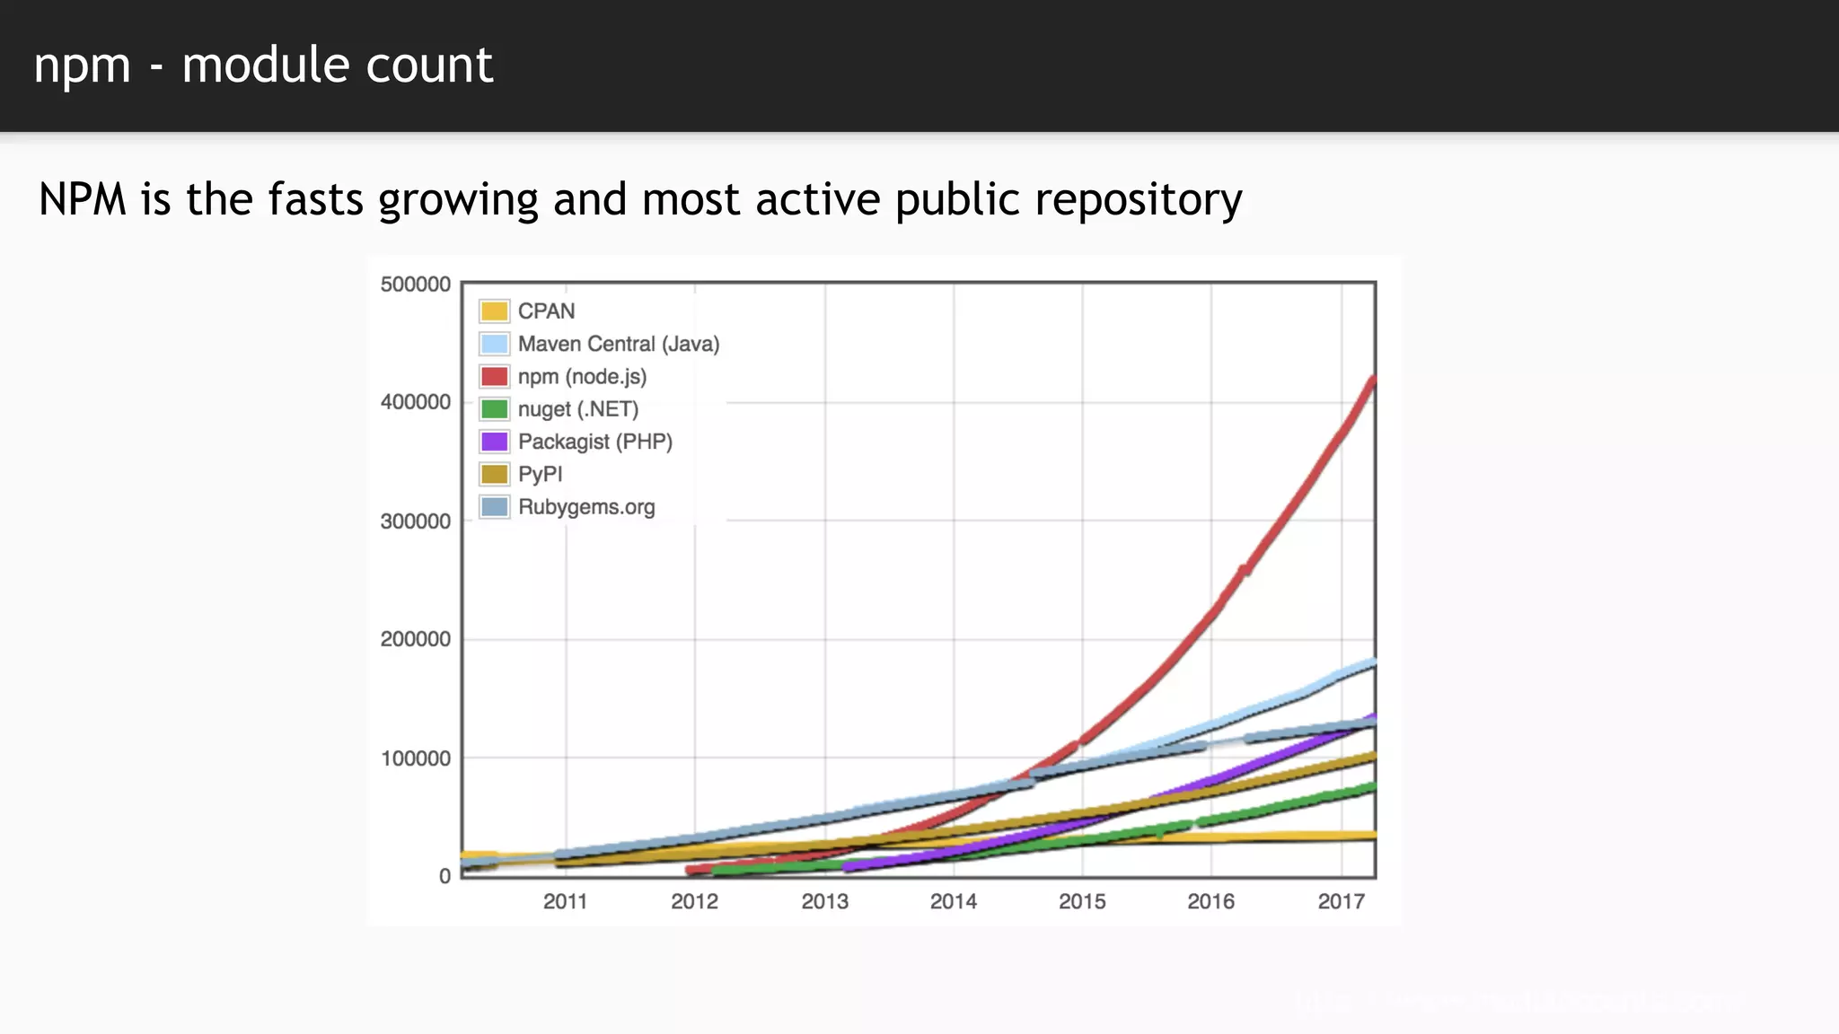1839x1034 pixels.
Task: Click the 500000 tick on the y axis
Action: pos(415,285)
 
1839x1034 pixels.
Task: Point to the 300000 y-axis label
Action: pos(415,521)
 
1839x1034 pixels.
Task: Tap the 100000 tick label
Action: pos(415,758)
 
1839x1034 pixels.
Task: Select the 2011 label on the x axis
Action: pos(565,901)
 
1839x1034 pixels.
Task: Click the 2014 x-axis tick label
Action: pos(953,901)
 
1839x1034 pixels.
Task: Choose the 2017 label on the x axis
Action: pos(1341,901)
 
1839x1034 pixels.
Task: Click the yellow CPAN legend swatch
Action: pos(494,311)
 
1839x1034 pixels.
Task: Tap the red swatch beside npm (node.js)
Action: pos(494,376)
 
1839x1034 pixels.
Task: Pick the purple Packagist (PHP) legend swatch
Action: pos(494,442)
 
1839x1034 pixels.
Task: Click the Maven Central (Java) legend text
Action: pos(618,344)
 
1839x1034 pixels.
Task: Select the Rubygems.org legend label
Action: pos(586,507)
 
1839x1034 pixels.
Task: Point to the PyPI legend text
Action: pos(540,474)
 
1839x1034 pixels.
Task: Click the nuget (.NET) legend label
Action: pos(577,409)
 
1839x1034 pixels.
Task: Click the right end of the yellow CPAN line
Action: pos(1372,836)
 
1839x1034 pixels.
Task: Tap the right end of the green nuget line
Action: pos(1372,787)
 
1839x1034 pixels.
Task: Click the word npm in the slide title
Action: pos(82,66)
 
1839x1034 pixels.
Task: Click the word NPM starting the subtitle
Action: pos(83,199)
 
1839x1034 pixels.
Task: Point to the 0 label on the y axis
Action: pos(444,876)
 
